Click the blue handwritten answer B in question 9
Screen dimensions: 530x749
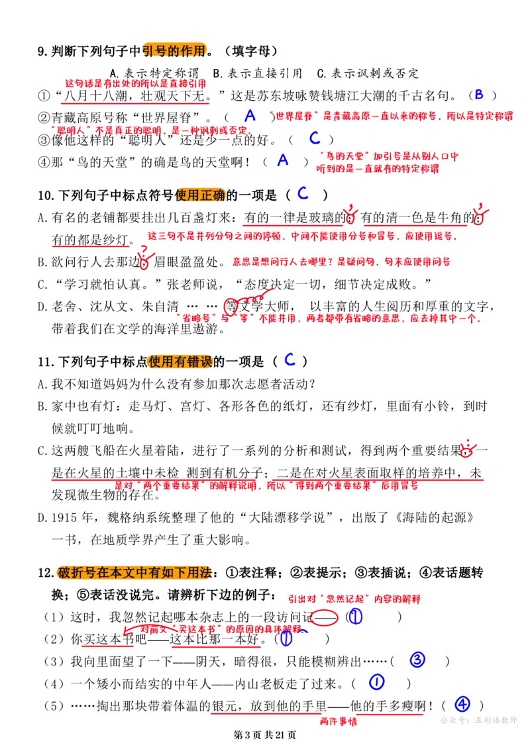coord(478,95)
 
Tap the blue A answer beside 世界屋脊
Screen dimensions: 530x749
coord(250,115)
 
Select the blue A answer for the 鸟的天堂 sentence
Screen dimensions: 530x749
coord(283,160)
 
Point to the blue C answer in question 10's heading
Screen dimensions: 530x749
coord(303,193)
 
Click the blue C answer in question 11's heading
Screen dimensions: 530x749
coord(290,360)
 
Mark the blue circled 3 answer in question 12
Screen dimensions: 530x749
coord(417,660)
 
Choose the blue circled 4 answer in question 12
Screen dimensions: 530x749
coord(462,704)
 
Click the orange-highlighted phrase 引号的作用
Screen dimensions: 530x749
coord(174,50)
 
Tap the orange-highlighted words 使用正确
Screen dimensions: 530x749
coord(200,195)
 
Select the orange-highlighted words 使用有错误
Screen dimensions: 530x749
coord(180,362)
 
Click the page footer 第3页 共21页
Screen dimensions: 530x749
coord(265,735)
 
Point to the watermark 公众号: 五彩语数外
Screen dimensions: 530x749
coord(478,721)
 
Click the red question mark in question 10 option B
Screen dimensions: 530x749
coord(144,250)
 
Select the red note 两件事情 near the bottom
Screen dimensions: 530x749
coord(339,721)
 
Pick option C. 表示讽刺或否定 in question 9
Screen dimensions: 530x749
coord(368,73)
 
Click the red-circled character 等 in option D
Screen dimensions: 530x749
coord(231,306)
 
